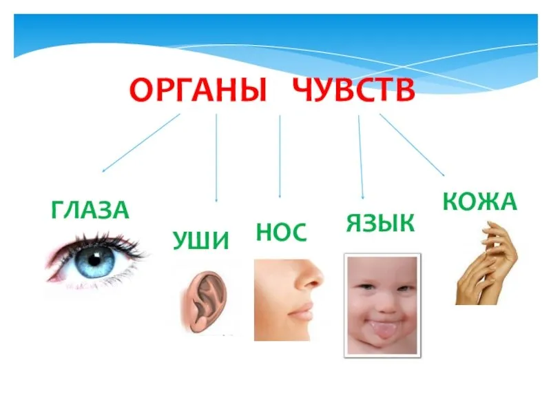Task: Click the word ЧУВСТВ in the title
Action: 354,90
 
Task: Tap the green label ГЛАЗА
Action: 90,210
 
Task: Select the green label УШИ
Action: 200,240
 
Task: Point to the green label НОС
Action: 282,232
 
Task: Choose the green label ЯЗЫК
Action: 381,223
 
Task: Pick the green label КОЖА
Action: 479,201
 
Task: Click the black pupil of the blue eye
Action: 94,260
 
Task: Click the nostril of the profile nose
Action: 309,284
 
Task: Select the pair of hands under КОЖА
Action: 487,264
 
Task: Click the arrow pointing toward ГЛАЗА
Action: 141,143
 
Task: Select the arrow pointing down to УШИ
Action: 216,158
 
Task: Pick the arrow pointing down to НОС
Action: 280,157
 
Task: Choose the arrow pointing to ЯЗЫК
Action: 361,157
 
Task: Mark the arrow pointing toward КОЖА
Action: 412,145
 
